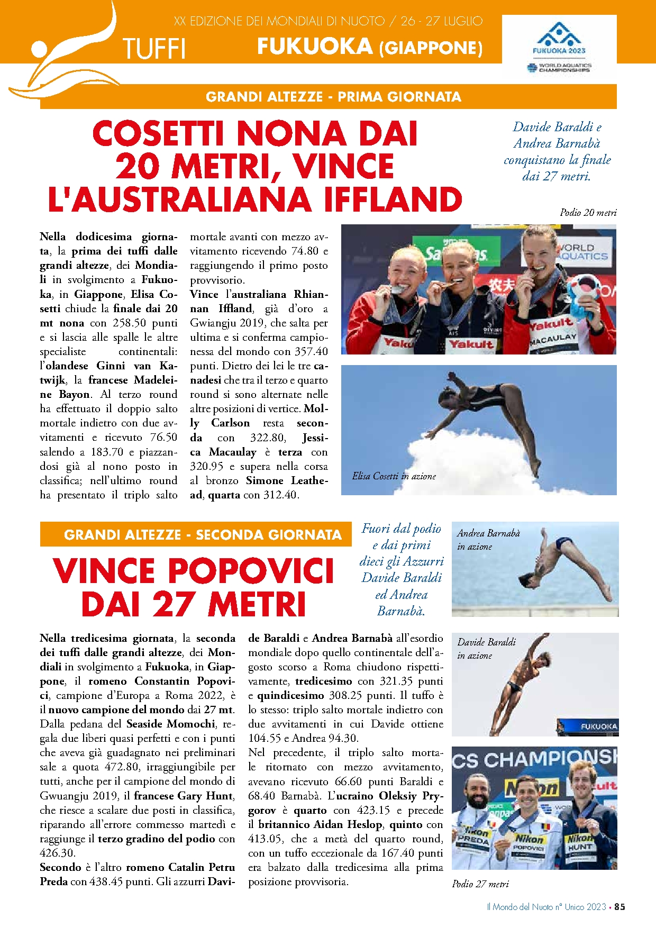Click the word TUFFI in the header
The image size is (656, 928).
click(154, 49)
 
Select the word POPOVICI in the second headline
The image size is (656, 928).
click(251, 571)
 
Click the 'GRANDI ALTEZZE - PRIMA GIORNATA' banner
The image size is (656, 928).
click(333, 97)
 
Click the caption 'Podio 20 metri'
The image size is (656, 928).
click(588, 213)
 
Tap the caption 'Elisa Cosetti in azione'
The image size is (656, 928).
click(394, 476)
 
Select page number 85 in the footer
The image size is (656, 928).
click(619, 906)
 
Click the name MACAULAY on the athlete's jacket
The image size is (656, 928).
click(553, 339)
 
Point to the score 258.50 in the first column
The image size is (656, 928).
click(129, 323)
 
